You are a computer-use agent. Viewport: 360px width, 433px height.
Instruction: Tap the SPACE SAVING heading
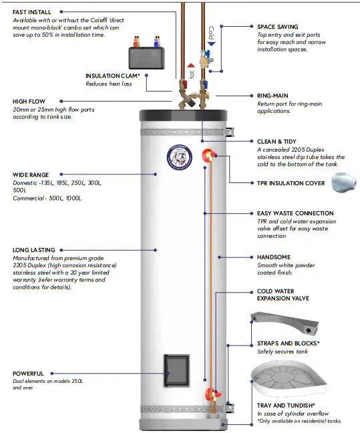(x=278, y=27)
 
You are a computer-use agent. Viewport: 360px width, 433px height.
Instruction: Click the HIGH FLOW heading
(x=29, y=102)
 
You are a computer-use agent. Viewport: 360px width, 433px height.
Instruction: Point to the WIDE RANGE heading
(x=30, y=174)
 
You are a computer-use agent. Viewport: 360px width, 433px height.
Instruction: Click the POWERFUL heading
(x=28, y=374)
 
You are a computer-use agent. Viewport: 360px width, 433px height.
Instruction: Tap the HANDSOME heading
(x=274, y=257)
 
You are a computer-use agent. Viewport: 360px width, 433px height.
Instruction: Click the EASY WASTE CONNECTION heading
(x=295, y=213)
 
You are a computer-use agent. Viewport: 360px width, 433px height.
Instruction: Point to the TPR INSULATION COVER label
(x=291, y=182)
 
